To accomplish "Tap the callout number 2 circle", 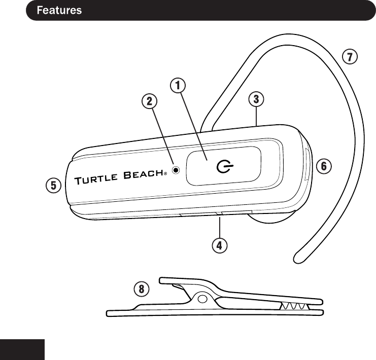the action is (x=149, y=101).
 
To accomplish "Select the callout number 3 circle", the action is (x=257, y=98).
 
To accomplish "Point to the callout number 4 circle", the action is (x=219, y=246).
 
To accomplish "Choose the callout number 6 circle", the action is (x=324, y=165).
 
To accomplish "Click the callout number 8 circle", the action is (x=142, y=290).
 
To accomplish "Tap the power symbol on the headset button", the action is (x=223, y=166).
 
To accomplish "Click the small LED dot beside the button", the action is (x=176, y=170).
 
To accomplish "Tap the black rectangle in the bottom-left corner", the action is (x=23, y=350).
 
